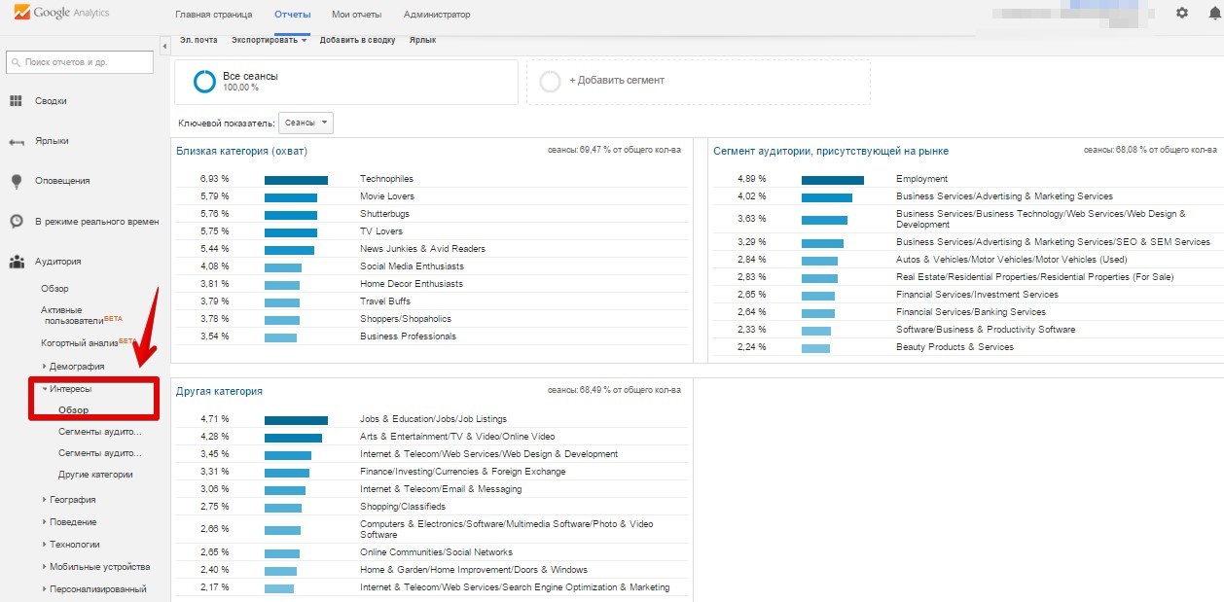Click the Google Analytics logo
61,14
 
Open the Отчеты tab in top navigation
292,15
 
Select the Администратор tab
436,15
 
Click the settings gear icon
1182,13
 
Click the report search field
80,62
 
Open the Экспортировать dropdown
269,40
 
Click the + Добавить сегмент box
698,81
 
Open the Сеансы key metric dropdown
306,123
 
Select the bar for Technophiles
296,179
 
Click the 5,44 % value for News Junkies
214,249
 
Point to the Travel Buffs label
385,301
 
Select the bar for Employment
832,179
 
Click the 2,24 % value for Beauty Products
751,347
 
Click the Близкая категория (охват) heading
241,151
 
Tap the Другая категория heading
219,391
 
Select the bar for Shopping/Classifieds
282,507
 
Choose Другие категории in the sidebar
95,475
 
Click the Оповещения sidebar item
62,181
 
